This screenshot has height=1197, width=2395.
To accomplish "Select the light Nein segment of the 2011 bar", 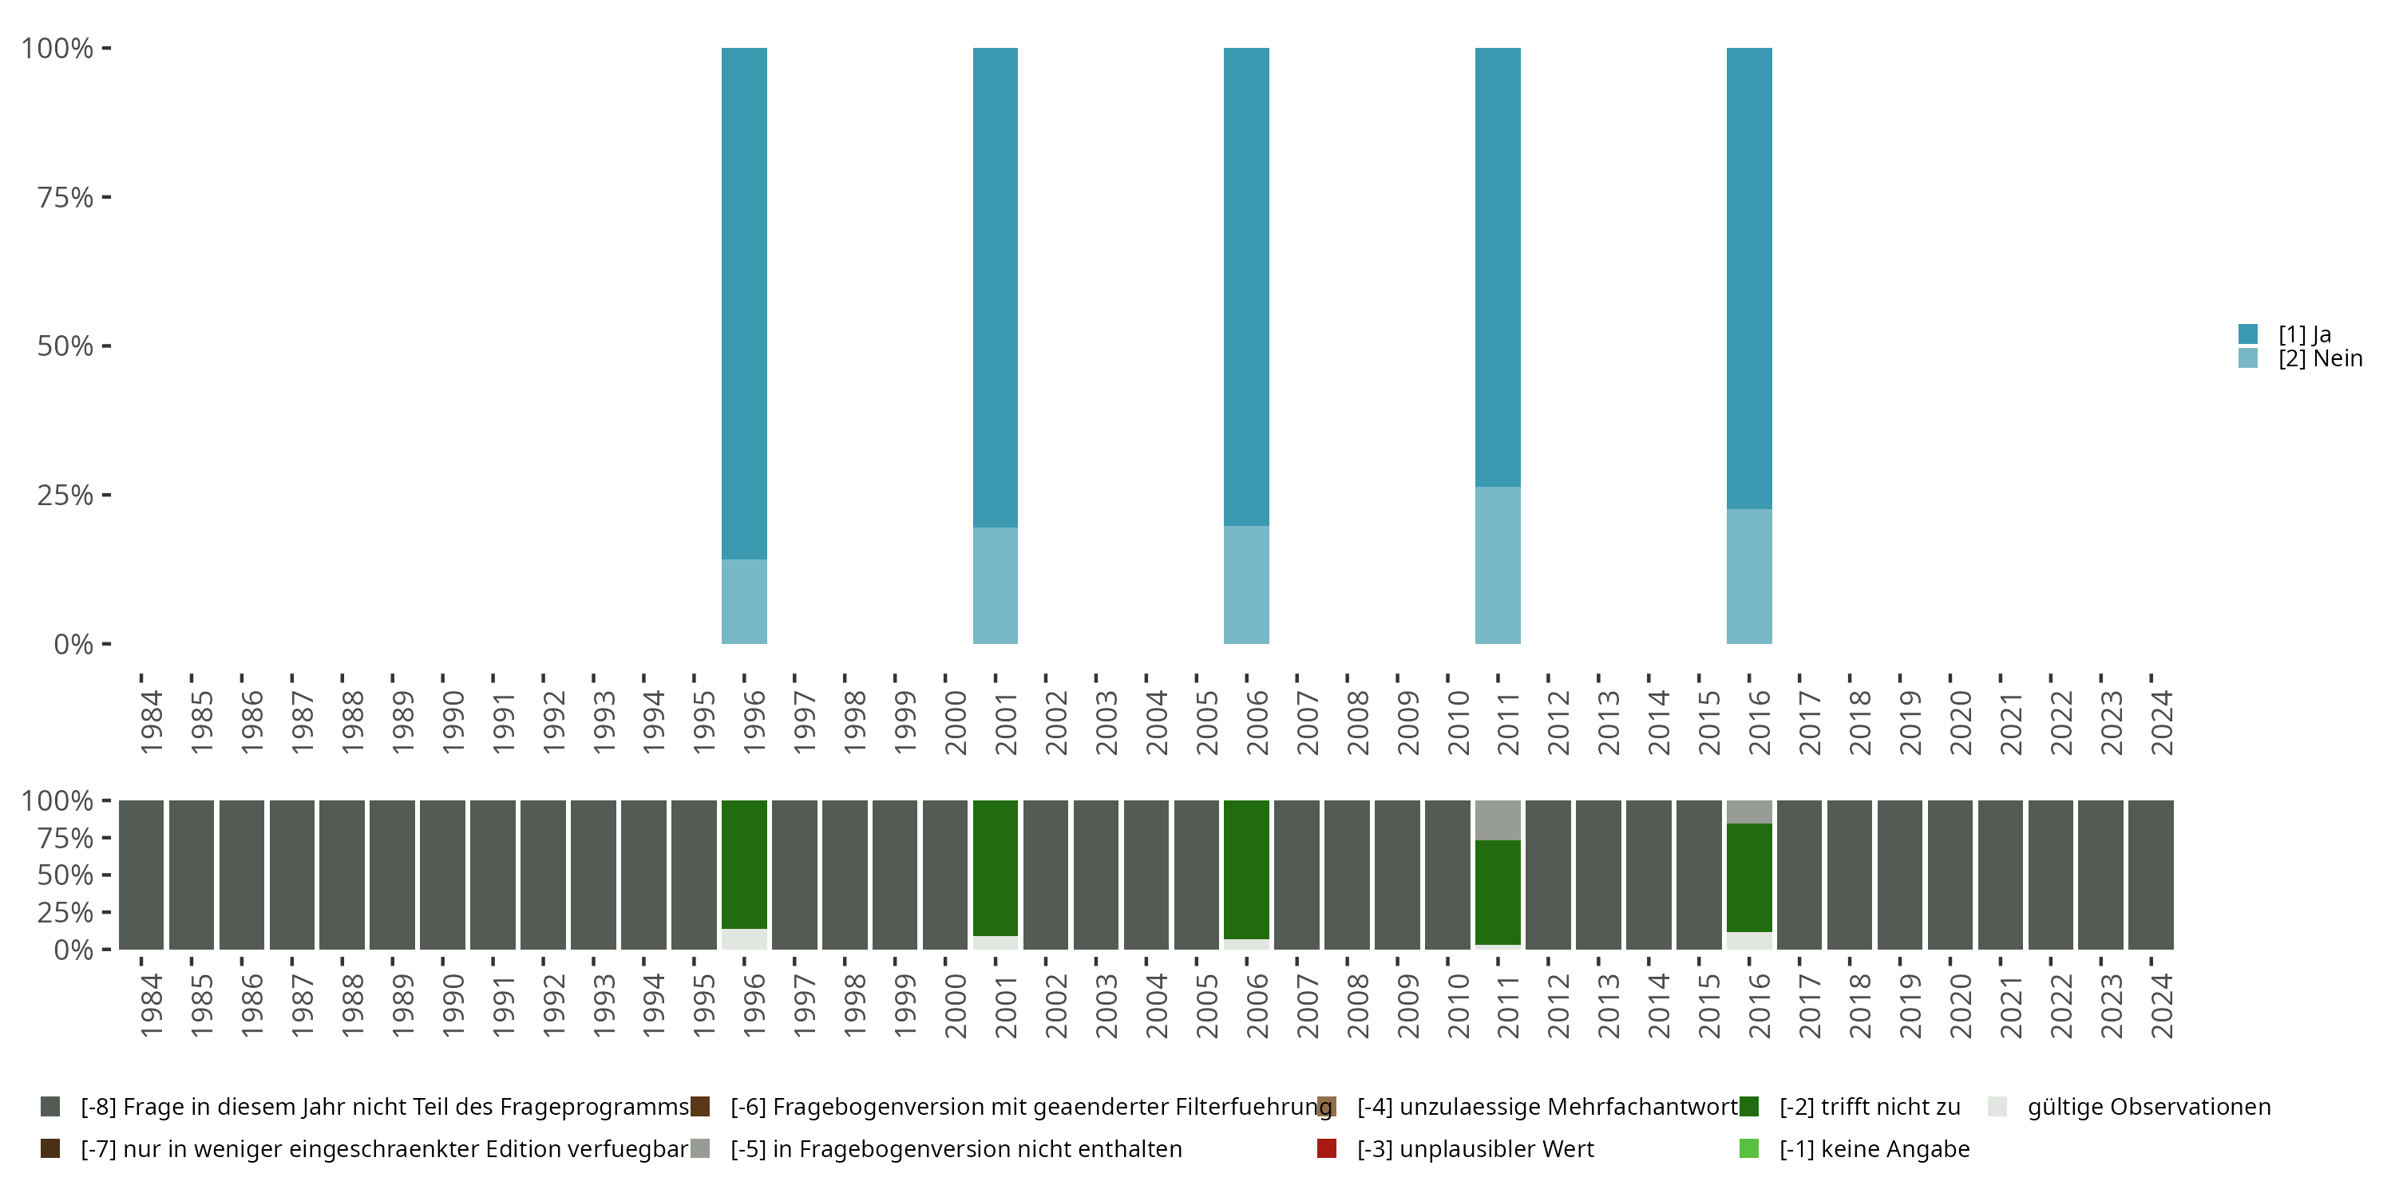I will (x=1497, y=565).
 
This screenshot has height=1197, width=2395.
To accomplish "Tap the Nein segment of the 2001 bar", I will (x=995, y=586).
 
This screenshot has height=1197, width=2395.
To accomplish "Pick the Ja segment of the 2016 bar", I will (x=1749, y=278).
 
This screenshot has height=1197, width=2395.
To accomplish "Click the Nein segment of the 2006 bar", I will (x=1246, y=585).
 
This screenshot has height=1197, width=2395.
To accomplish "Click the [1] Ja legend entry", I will (x=2303, y=334).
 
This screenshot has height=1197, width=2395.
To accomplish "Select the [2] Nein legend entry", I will (x=2319, y=359).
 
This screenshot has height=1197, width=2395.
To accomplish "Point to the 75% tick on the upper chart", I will (x=106, y=197).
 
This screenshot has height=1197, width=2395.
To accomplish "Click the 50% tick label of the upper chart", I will (x=65, y=346).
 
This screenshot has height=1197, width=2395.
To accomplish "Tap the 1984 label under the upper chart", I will (x=152, y=722).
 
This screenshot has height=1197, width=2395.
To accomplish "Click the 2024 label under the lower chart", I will (x=2162, y=1005).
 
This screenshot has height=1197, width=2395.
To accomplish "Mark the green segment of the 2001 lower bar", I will (x=995, y=868).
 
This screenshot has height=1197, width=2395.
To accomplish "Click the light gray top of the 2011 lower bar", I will (x=1497, y=820).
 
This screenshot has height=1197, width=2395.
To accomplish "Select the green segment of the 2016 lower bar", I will (x=1749, y=877).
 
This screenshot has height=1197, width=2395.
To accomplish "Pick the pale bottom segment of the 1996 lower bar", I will (x=744, y=938).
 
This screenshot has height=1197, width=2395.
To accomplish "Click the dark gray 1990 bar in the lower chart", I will (x=442, y=875).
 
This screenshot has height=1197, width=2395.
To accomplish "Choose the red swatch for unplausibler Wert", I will (x=1327, y=1148).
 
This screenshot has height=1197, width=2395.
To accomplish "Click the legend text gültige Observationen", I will (x=2148, y=1107).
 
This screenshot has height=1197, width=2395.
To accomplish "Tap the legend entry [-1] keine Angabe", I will (x=1874, y=1148).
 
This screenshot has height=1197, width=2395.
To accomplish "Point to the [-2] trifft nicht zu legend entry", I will (x=1869, y=1107).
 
